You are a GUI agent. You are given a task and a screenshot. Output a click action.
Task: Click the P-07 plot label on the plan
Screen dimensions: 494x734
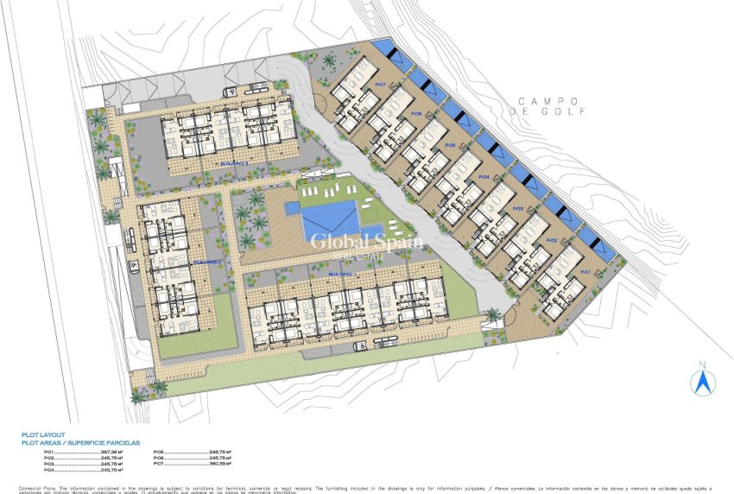click(x=379, y=85)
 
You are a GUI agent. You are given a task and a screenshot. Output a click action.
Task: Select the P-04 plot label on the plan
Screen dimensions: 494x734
click(x=484, y=176)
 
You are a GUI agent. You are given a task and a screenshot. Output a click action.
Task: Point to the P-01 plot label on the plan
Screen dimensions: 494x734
click(x=585, y=271)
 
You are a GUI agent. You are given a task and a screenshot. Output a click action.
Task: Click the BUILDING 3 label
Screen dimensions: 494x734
click(x=234, y=161)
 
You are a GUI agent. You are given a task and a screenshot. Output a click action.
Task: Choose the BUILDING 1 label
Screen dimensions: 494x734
click(x=342, y=273)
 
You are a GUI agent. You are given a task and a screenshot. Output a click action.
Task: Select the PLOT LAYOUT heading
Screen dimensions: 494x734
click(x=43, y=435)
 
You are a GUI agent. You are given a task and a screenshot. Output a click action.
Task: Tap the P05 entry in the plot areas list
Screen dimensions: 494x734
click(x=160, y=452)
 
